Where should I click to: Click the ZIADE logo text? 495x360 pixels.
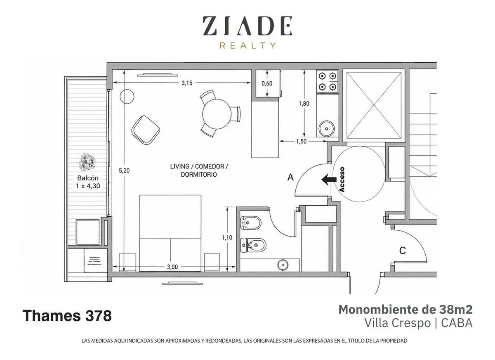(x=248, y=26)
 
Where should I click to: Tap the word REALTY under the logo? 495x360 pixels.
(x=248, y=45)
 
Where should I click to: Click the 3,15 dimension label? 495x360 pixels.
(x=187, y=83)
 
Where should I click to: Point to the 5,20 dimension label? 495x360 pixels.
(x=124, y=171)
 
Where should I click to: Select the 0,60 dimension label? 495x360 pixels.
(x=267, y=83)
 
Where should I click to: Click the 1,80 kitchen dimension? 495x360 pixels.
(x=304, y=104)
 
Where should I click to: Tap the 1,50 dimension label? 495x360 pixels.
(x=302, y=142)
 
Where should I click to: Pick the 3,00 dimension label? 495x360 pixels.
(x=172, y=267)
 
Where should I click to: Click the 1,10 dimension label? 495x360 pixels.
(x=227, y=237)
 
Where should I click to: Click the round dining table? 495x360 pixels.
(x=217, y=114)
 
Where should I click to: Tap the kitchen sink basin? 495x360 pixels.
(x=327, y=128)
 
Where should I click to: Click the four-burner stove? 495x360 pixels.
(x=327, y=82)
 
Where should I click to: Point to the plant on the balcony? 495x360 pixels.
(x=87, y=162)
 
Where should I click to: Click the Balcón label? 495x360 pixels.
(x=88, y=178)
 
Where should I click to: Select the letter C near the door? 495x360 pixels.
(x=403, y=251)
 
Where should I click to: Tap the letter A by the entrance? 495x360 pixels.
(x=290, y=177)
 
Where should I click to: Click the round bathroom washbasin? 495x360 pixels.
(x=282, y=265)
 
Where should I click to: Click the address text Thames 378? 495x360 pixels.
(x=67, y=315)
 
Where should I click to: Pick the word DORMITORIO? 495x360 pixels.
(x=199, y=175)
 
